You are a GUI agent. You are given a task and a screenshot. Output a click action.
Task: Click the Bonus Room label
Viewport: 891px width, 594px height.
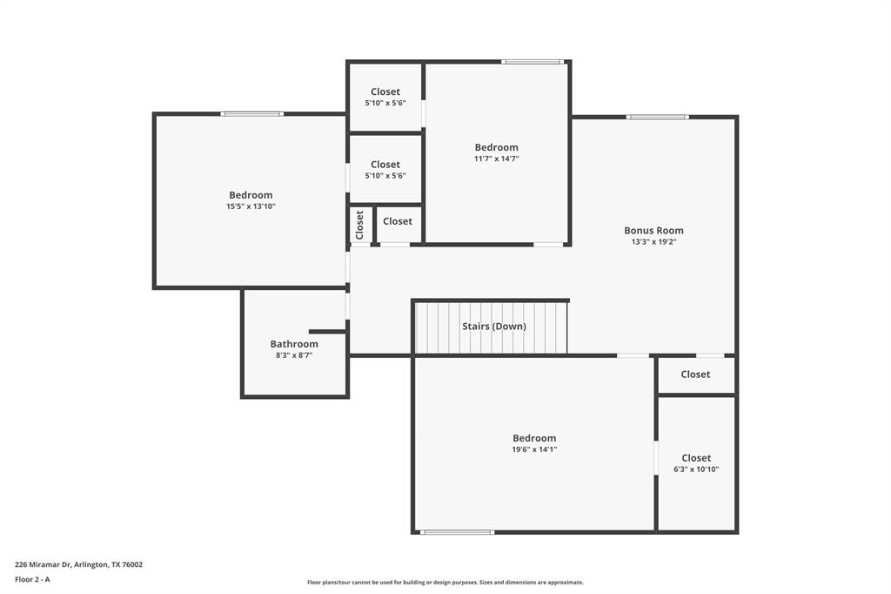tap(653, 231)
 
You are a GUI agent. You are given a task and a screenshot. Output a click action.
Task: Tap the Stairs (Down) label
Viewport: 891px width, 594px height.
tap(493, 327)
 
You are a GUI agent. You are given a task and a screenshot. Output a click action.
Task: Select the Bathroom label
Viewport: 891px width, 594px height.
tap(294, 344)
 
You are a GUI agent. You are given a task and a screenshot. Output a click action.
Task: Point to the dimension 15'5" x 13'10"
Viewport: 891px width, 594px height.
tap(251, 206)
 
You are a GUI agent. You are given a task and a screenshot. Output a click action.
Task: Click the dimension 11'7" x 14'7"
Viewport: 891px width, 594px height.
tap(496, 159)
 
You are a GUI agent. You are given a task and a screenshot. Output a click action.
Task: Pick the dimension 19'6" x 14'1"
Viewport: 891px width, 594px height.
tap(534, 449)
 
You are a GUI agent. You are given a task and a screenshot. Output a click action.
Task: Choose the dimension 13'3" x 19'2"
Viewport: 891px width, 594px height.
tap(653, 242)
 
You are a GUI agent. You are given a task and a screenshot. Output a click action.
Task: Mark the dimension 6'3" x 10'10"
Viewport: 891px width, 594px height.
tap(696, 469)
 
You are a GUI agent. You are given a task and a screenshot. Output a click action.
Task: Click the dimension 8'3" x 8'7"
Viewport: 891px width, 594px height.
tap(294, 355)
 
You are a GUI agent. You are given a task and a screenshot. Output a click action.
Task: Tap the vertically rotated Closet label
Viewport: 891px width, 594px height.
tap(359, 225)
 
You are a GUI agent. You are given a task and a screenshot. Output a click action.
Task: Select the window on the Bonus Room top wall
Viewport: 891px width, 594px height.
tap(657, 117)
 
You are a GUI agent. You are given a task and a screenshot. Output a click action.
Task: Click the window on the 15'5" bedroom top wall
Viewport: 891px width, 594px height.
tap(251, 113)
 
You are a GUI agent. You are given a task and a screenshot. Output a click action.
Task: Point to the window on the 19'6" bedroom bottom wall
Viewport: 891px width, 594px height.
tap(457, 531)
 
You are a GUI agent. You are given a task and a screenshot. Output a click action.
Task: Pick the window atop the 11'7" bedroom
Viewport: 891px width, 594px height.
tap(533, 62)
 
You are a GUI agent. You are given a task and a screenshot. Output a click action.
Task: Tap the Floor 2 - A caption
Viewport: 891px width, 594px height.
tap(32, 579)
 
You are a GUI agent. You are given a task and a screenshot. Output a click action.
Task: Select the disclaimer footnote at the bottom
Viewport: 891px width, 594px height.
tap(445, 583)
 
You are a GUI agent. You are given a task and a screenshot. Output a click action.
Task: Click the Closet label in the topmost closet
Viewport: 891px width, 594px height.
tap(385, 91)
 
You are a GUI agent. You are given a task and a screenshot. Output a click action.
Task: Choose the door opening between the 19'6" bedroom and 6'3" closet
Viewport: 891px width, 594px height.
tap(656, 458)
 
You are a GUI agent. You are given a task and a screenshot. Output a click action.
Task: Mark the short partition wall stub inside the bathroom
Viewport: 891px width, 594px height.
tap(327, 332)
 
